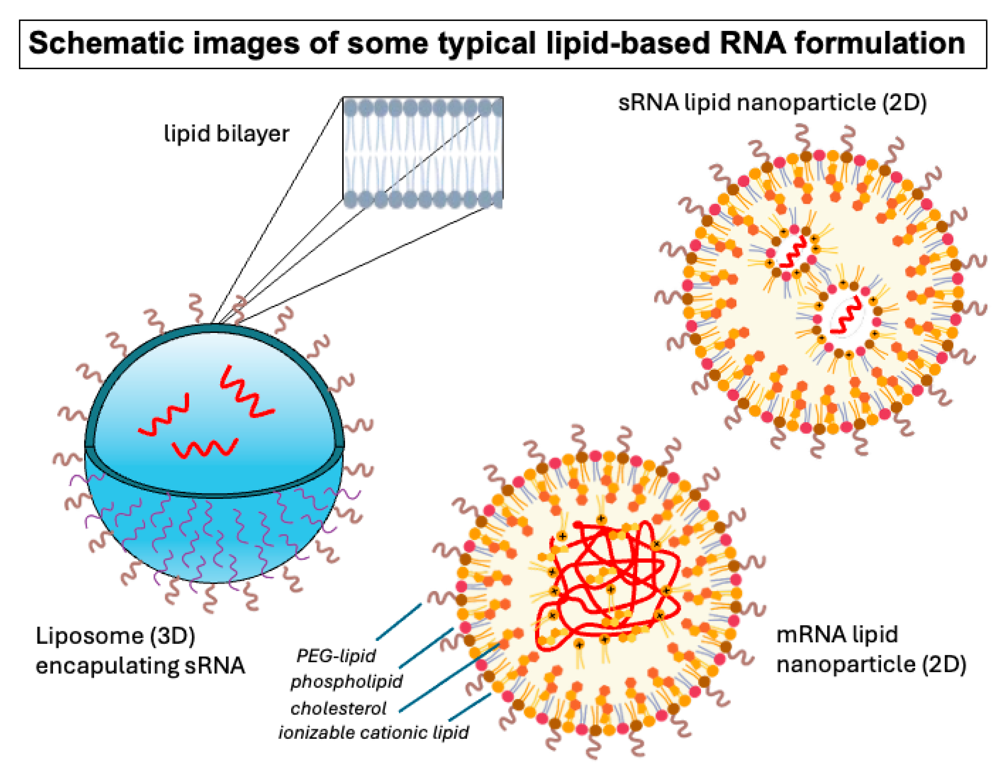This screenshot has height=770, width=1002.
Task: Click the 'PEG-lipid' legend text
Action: click(336, 656)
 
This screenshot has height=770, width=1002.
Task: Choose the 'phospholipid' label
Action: click(346, 682)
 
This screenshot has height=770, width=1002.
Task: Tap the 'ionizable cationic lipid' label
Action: click(373, 732)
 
